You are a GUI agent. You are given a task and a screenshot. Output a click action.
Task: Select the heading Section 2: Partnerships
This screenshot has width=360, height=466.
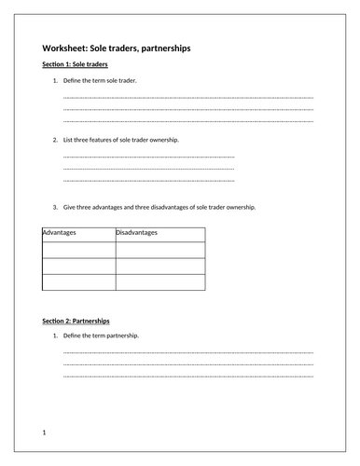pos(77,321)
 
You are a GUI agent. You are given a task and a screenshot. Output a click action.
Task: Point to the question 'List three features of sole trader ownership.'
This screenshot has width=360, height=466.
pos(131,139)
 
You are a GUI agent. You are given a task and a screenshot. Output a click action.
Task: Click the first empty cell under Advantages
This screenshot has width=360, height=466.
pos(78,249)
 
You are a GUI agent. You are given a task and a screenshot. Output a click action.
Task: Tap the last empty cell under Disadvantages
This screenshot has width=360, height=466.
pos(159,282)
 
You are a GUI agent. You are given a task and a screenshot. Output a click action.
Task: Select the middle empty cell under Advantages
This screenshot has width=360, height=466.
pos(78,266)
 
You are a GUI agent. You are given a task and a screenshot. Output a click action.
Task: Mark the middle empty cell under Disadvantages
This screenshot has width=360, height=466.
pos(159,266)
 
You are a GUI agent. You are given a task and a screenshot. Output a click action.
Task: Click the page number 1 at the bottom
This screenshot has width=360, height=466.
pos(45,434)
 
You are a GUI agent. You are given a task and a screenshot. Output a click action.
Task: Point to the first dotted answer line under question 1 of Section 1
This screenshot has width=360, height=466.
pos(187,97)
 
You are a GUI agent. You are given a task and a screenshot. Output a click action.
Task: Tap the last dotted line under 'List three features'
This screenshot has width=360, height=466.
pos(148,180)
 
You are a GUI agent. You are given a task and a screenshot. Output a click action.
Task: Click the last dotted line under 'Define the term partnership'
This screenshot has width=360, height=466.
pos(187,376)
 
